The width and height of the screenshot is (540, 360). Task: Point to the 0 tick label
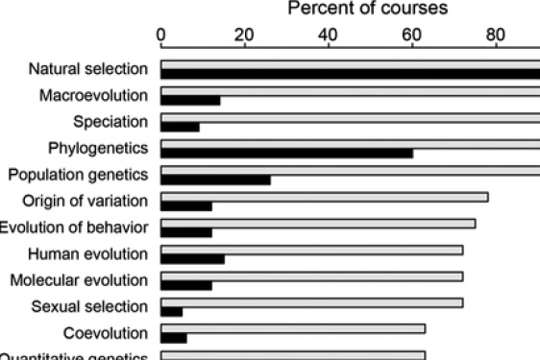point(161,37)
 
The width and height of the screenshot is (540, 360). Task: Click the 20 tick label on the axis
point(245,37)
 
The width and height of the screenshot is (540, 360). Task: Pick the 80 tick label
point(496,37)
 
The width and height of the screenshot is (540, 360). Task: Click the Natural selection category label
point(87,69)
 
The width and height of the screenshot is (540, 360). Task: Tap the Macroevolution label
point(93,95)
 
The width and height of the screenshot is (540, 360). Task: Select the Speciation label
point(110,122)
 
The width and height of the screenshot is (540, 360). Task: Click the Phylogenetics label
point(98,148)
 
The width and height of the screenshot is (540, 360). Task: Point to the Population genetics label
point(78,175)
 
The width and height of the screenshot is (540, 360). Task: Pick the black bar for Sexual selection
point(171,311)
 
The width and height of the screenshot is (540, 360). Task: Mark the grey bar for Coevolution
point(293,328)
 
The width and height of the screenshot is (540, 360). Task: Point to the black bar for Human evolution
point(192,258)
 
